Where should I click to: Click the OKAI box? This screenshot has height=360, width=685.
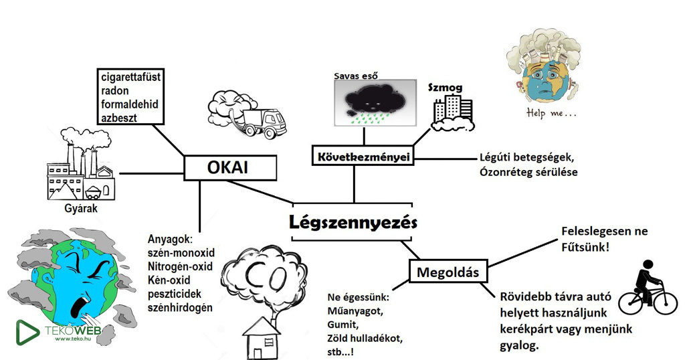point(230,168)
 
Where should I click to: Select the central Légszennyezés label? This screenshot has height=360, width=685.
point(353,222)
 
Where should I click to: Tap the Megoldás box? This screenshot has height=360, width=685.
point(448,272)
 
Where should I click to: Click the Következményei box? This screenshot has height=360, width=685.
point(363,156)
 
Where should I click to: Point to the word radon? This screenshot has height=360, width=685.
point(115,91)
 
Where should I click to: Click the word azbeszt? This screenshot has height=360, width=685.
point(119,118)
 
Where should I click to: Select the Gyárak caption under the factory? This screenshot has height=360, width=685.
point(81,208)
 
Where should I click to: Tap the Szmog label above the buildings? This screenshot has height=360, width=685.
point(445,88)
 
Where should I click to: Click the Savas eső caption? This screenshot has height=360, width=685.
point(356,76)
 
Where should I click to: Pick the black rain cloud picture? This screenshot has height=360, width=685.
point(375,102)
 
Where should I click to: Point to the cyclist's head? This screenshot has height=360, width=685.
point(648,265)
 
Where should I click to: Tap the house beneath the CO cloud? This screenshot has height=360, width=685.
point(262,339)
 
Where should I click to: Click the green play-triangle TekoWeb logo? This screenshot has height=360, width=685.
point(27,333)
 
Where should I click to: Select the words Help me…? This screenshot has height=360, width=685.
point(551,113)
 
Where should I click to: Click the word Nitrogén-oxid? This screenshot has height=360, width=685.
point(180,266)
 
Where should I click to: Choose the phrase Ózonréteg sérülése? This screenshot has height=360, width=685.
point(528,172)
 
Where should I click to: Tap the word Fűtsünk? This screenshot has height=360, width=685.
point(585,248)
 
